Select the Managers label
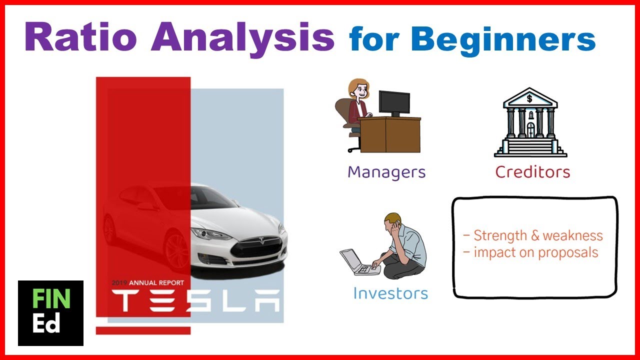pyautogui.click(x=386, y=172)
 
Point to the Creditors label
pyautogui.click(x=532, y=172)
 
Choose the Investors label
pyautogui.click(x=390, y=293)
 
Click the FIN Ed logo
pyautogui.click(x=50, y=313)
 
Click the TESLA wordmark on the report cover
pyautogui.click(x=195, y=301)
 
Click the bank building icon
pyautogui.click(x=529, y=123)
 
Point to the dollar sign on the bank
pyautogui.click(x=529, y=98)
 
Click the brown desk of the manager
pyautogui.click(x=389, y=135)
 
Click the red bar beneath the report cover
pyautogui.click(x=143, y=330)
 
